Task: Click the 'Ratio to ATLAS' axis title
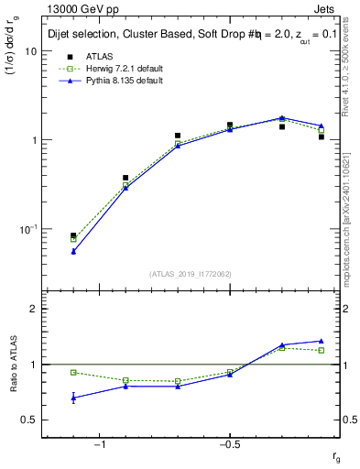pos(12,364)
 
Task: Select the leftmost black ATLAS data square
pos(73,235)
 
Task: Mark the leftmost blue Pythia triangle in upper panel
pos(73,251)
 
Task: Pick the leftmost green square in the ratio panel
pos(73,372)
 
